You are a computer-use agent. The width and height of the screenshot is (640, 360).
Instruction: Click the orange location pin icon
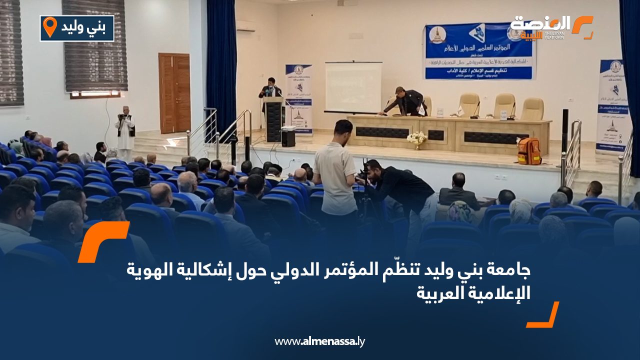49,26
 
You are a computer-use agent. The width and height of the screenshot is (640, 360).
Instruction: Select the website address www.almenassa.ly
320,341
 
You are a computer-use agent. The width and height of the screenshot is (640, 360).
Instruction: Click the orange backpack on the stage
529,150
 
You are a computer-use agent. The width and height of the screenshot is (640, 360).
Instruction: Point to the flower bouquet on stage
416,138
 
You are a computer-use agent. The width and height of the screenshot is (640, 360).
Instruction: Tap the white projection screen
353,87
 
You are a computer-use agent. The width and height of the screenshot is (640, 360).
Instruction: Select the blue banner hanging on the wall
479,51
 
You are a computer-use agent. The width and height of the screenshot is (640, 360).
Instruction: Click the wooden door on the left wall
174,93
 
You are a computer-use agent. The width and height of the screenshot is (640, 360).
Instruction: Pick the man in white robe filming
125,129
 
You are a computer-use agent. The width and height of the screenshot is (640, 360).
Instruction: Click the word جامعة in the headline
511,271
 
